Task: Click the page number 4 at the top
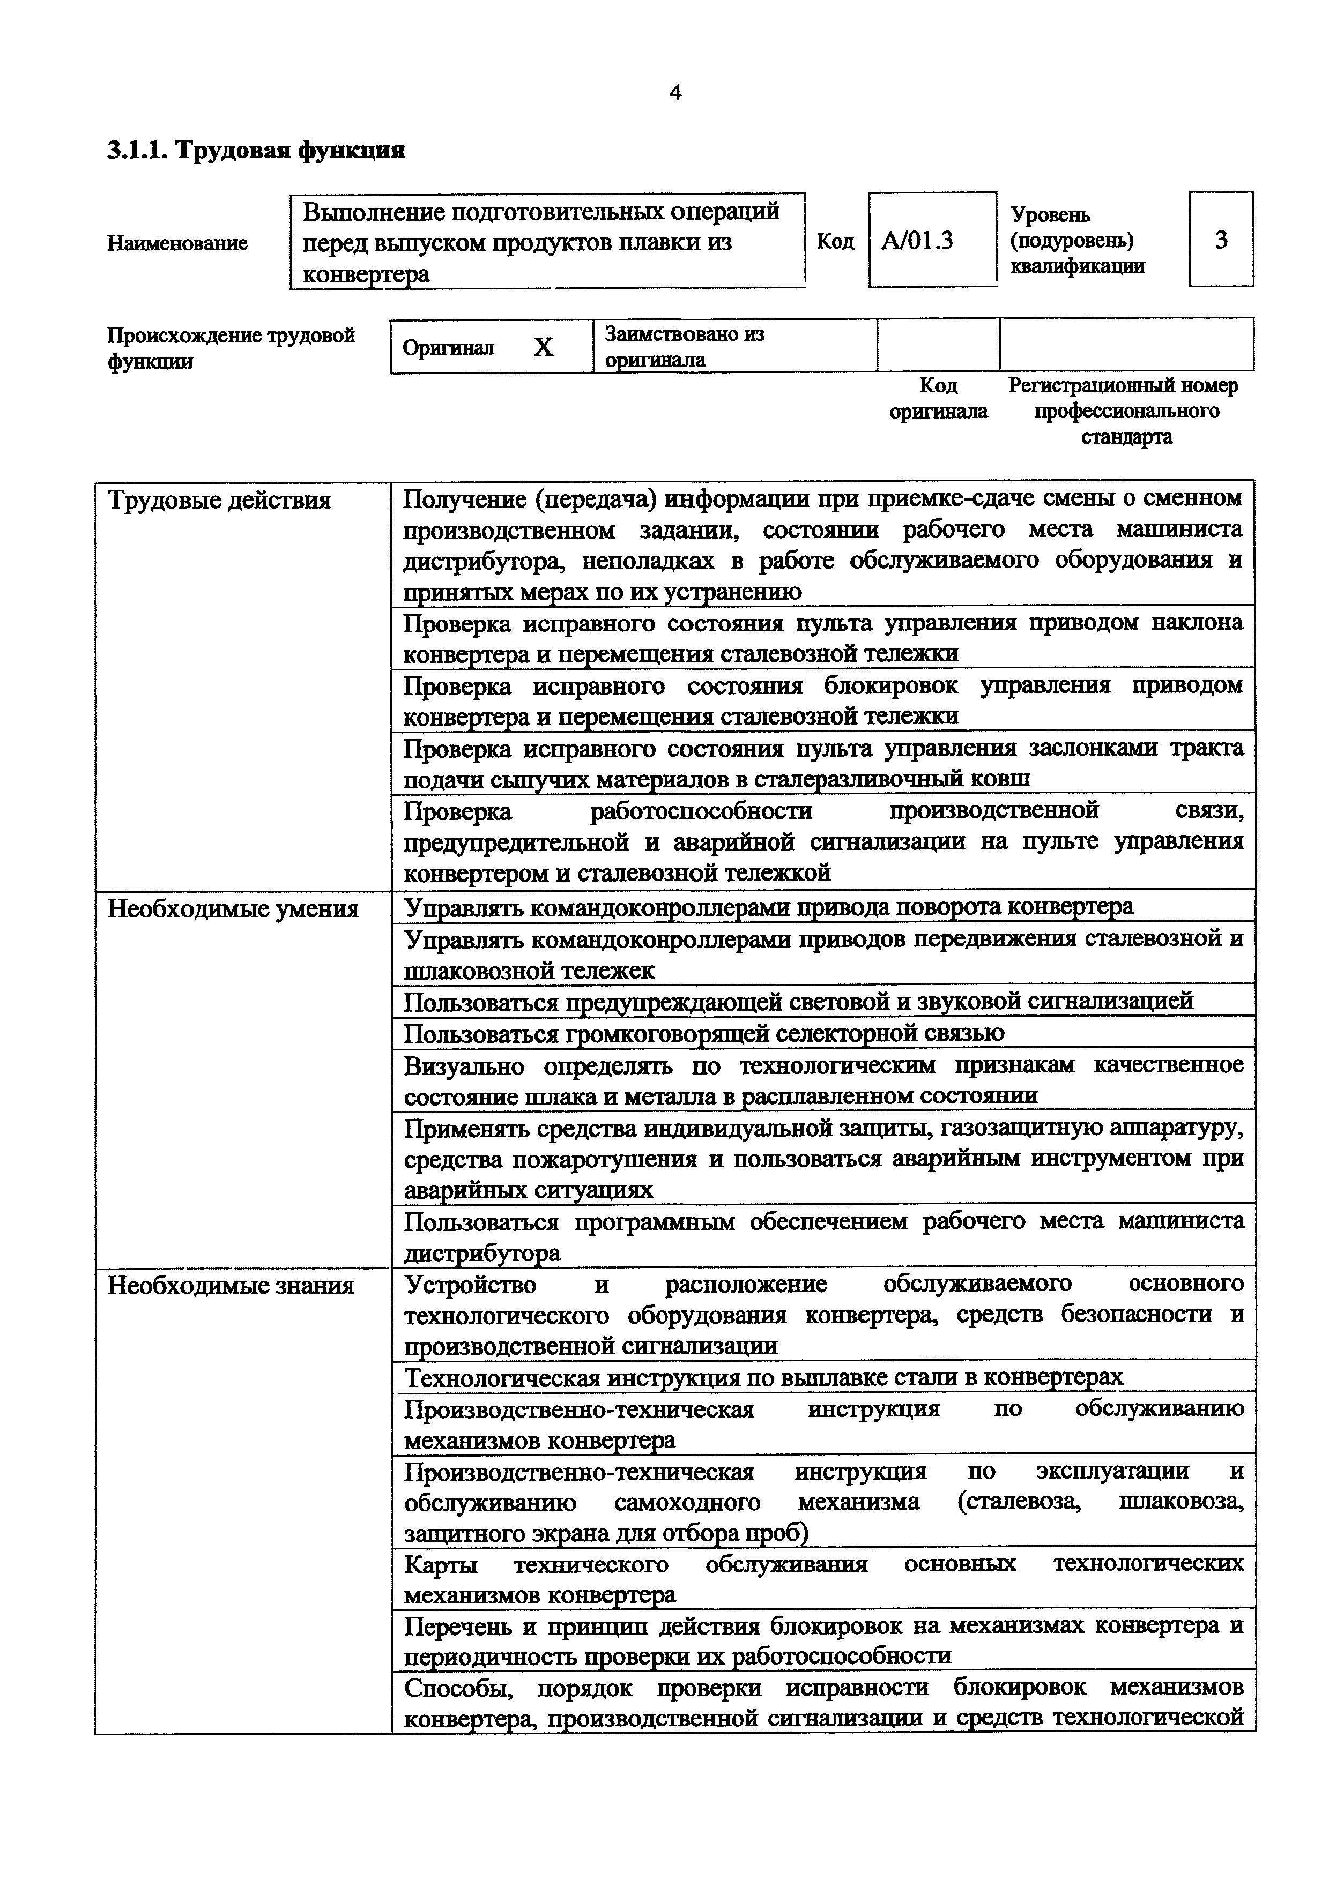(675, 93)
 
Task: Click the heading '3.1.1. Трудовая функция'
(256, 151)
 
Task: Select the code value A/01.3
(917, 241)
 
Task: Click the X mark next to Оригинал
(543, 347)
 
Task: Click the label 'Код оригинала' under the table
(938, 398)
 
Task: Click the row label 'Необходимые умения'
(233, 909)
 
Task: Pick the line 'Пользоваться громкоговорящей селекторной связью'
(704, 1033)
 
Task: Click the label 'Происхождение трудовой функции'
(231, 348)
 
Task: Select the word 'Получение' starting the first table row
(462, 498)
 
